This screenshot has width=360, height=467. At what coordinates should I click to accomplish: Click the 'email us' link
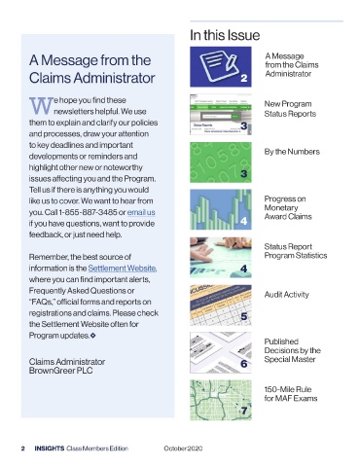coord(141,212)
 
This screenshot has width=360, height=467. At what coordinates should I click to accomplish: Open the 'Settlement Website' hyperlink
coord(123,269)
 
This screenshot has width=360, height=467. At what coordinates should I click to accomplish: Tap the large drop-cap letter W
coord(41,106)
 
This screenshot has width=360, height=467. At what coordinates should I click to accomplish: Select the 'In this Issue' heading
coord(225,35)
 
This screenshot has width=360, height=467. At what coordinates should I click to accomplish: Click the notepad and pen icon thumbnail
coord(221,66)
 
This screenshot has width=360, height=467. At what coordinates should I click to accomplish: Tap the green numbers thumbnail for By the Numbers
coord(221,162)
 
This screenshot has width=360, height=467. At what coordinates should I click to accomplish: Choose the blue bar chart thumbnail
coord(221,209)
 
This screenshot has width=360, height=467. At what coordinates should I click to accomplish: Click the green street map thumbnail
coord(221,400)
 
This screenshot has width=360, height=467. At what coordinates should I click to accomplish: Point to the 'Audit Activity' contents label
coord(287,295)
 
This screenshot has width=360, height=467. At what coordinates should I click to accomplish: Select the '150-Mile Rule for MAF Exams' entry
coord(291,394)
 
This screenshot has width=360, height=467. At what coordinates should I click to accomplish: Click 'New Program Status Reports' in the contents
coord(290,109)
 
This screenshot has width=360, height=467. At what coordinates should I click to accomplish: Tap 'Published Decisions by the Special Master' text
coord(292,350)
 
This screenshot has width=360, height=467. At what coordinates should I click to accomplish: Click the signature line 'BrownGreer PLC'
coord(60,371)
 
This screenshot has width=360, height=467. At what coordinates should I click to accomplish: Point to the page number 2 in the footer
coord(23,449)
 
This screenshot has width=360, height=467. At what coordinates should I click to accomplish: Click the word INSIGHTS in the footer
coord(50,449)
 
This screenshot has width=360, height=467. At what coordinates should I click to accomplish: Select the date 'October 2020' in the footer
coord(183,449)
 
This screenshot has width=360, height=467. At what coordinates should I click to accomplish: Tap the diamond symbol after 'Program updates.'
coord(93,336)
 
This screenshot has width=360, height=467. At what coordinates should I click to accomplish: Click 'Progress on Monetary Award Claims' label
coord(288,207)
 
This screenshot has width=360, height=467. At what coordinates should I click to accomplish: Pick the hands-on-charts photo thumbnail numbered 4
coord(221,257)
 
